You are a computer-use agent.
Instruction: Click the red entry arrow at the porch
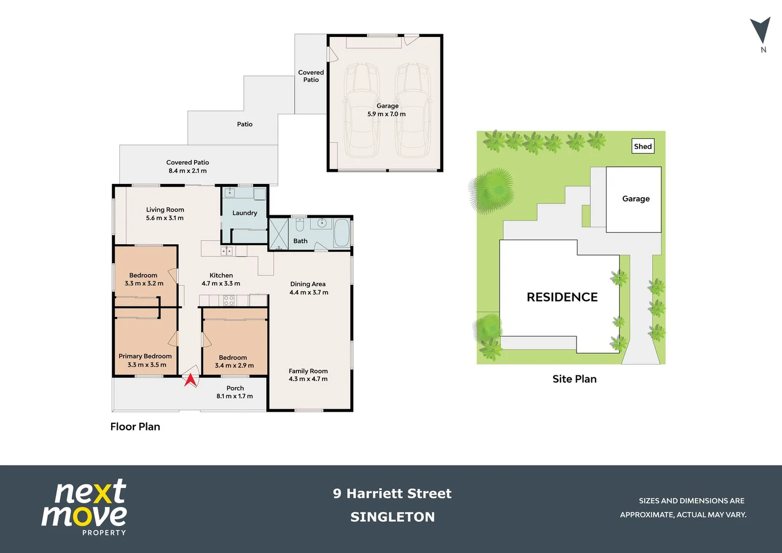pos(190,380)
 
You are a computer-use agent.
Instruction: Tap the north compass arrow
pos(760,31)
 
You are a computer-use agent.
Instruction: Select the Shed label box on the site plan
pos(643,146)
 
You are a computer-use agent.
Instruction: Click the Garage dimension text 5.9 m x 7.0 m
pos(386,114)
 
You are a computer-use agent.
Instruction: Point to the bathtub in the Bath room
pos(342,233)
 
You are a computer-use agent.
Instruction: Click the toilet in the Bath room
pos(300,225)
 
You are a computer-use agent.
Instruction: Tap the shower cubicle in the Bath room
pos(279,234)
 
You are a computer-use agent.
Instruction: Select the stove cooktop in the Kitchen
pos(229,301)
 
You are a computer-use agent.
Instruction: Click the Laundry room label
pos(245,213)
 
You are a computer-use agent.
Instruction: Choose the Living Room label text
pos(165,209)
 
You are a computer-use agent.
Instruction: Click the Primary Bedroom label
pos(145,356)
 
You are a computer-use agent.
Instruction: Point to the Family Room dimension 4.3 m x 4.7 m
pos(308,379)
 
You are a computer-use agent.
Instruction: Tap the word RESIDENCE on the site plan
pos(562,297)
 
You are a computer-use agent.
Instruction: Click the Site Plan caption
pos(574,379)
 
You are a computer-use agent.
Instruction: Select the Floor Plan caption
pos(135,427)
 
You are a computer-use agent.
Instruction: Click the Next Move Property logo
pos(85,507)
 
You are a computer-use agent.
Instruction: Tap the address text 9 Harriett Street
pos(392,494)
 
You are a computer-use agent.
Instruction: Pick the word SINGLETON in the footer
pos(392,517)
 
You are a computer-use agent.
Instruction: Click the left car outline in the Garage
pos(363,110)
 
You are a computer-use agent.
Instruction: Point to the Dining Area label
pos(308,284)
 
